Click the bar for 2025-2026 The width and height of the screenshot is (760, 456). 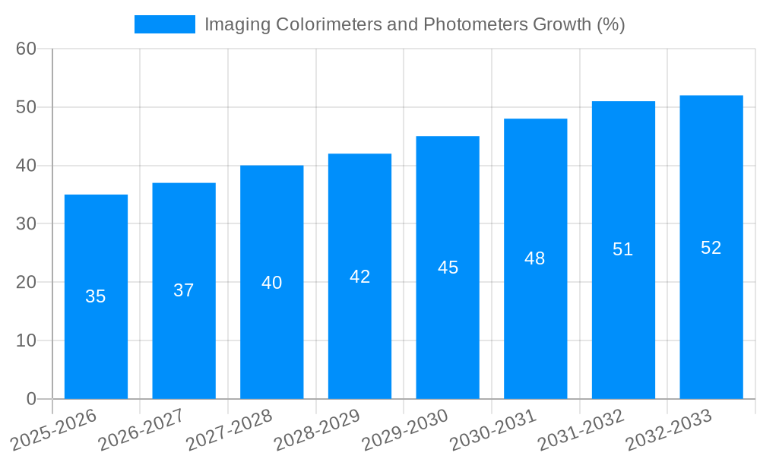click(96, 334)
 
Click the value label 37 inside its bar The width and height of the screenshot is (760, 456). click(184, 290)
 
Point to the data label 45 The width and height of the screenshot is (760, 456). click(448, 268)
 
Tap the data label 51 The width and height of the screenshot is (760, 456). click(623, 249)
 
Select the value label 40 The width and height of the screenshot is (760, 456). click(271, 283)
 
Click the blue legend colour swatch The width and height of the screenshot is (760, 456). click(164, 24)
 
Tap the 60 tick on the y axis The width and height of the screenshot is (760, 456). click(26, 49)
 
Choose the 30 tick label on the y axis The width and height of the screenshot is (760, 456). click(26, 224)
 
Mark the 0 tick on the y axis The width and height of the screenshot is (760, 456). click(31, 399)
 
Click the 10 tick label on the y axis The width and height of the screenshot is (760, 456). click(26, 340)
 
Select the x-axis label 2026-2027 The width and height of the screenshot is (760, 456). click(140, 429)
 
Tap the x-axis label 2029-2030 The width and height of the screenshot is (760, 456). click(404, 429)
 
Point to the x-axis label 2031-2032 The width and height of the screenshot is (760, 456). click(580, 429)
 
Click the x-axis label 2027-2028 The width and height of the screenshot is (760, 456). click(228, 429)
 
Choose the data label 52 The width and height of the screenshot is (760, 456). click(711, 248)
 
